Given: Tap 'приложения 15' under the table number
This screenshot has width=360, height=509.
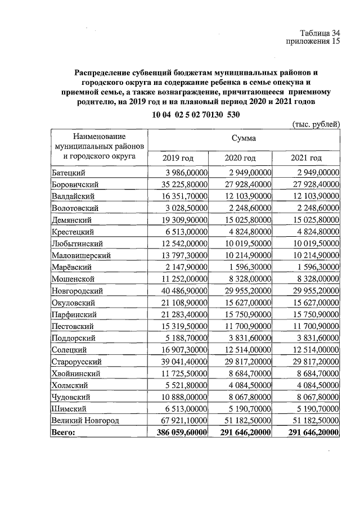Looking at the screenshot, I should coord(314,42).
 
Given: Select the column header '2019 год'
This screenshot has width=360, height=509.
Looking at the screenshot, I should coord(178,158).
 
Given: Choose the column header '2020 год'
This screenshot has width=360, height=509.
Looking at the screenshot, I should coord(240,158).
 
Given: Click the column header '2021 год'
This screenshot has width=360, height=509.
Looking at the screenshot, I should coord(307,158).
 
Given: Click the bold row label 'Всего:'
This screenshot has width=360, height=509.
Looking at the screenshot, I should coord(63,433).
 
